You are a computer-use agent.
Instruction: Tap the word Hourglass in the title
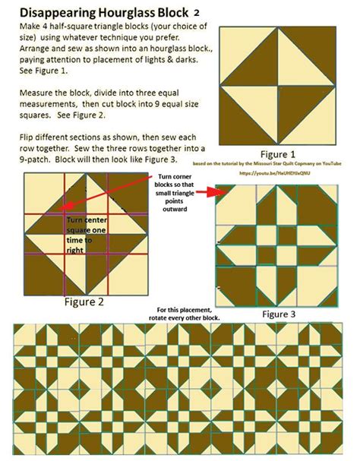tap(122, 13)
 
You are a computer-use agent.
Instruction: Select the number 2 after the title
tap(197, 13)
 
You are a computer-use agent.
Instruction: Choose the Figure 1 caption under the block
tap(277, 151)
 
